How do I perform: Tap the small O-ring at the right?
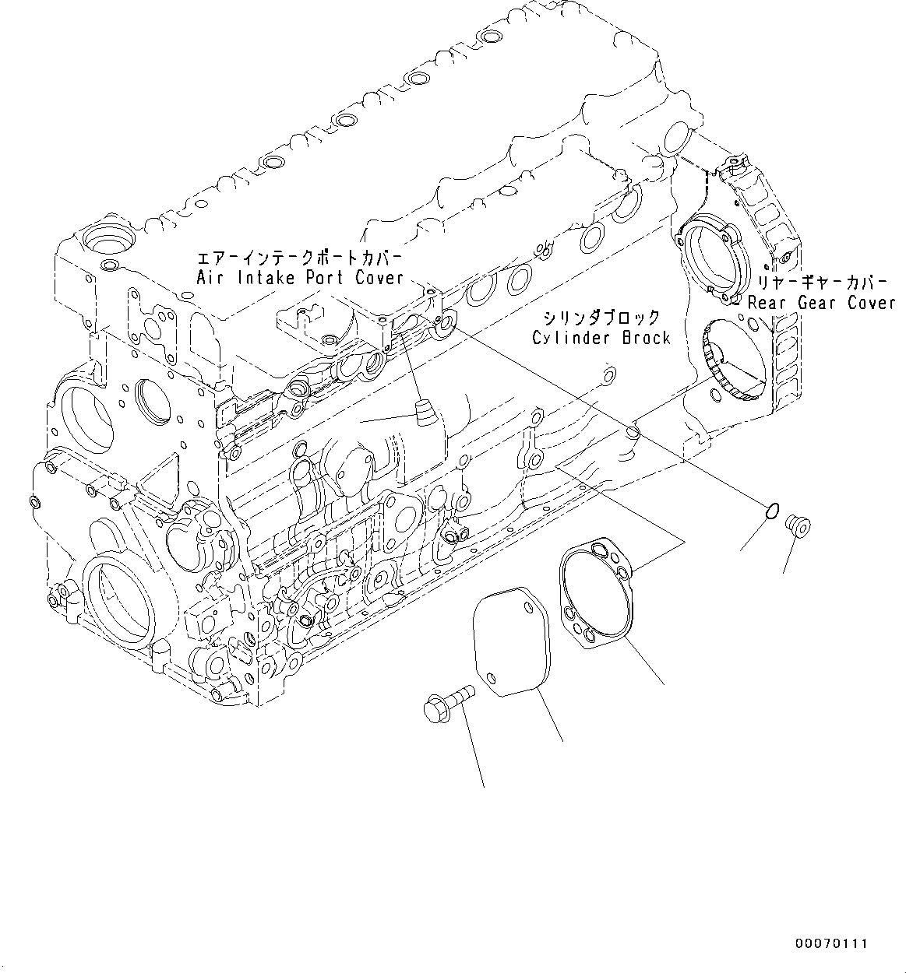click(x=770, y=511)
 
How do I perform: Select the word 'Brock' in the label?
click(x=645, y=337)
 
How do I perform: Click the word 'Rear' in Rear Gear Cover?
click(x=768, y=303)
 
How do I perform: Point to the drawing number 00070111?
click(x=830, y=943)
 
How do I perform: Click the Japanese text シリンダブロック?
click(x=601, y=318)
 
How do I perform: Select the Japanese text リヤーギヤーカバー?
click(x=817, y=283)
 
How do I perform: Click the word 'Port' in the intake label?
click(x=327, y=278)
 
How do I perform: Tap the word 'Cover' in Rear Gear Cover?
click(x=871, y=303)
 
